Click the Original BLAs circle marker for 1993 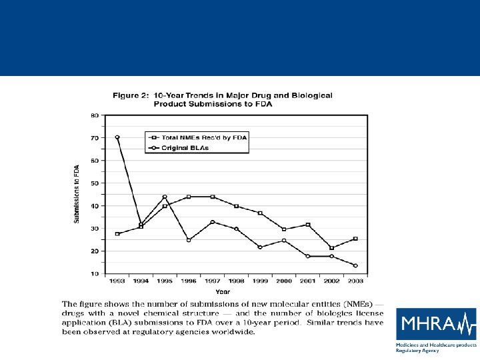coord(117,137)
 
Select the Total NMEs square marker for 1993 coord(117,234)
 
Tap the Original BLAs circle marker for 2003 coord(355,265)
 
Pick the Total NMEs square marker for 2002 coord(331,248)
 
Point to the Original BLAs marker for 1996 coord(189,240)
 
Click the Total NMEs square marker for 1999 coord(260,213)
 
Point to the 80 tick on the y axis coord(95,115)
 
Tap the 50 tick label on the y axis coord(95,183)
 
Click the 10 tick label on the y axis coord(95,273)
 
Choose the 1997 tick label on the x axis coord(213,281)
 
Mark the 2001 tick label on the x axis coord(307,281)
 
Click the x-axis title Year coord(223,291)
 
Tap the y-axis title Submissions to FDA coord(77,194)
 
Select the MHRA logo coord(437,324)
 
